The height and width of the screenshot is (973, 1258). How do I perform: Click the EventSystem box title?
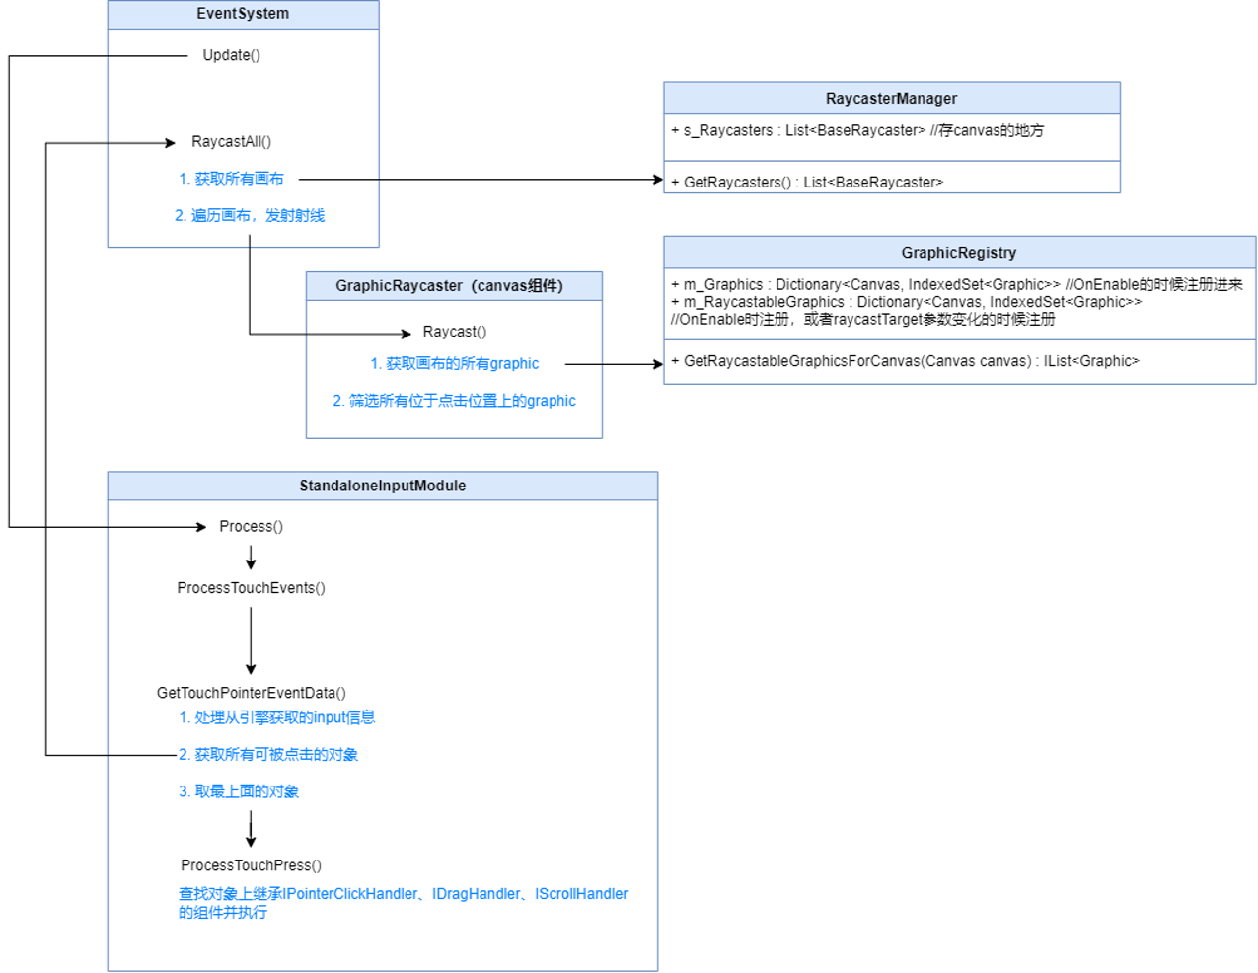243,14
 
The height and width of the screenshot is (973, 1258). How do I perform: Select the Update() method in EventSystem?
231,55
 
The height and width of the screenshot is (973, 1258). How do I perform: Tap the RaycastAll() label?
231,142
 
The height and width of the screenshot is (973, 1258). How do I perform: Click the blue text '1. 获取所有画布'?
231,179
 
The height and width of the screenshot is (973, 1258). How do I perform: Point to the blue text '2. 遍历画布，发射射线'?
249,215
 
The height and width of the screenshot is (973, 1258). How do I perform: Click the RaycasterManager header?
891,99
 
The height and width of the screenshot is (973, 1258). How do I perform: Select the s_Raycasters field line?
856,130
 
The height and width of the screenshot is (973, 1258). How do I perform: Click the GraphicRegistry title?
958,253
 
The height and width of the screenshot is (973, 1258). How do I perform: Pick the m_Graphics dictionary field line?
955,284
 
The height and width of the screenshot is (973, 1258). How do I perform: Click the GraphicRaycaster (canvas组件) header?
449,286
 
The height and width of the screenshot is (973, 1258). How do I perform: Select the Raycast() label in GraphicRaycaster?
454,332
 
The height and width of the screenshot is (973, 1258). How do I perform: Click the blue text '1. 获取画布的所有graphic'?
454,364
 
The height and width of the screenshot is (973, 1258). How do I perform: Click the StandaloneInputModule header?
382,486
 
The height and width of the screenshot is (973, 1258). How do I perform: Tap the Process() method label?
251,527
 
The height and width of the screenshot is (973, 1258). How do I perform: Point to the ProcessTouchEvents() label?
251,588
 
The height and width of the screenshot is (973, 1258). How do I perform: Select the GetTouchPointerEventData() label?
251,693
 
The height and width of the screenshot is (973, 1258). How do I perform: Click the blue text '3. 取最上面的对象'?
238,791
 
